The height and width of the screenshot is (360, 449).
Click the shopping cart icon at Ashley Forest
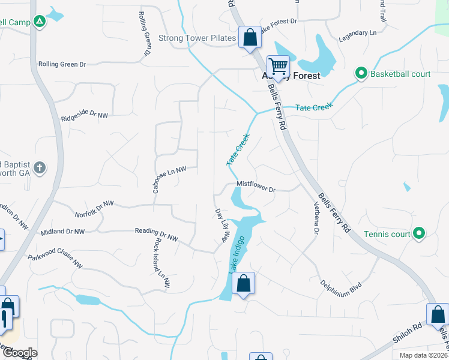(x=278, y=65)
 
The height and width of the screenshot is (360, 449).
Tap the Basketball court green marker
(x=361, y=74)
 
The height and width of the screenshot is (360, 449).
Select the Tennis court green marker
(x=419, y=233)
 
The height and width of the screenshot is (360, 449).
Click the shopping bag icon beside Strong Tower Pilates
(x=250, y=37)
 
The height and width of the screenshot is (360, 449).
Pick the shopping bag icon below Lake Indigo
(x=243, y=283)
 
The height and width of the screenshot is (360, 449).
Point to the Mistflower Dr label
(x=256, y=187)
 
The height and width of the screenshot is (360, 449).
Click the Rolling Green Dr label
(x=62, y=64)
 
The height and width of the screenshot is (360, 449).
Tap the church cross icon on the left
(x=39, y=167)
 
